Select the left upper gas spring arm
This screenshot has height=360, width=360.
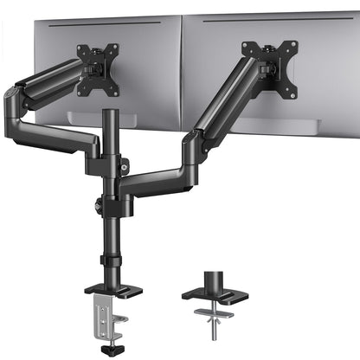(x=48, y=86)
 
